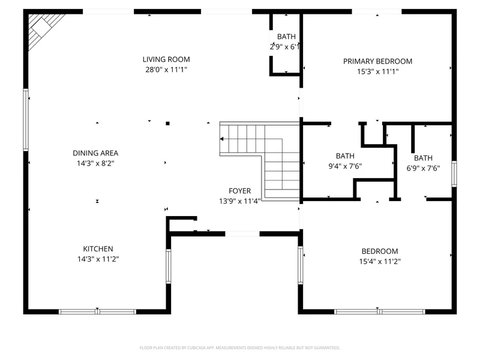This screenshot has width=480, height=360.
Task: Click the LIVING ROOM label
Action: (x=166, y=59)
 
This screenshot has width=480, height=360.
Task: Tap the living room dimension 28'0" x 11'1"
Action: (x=166, y=70)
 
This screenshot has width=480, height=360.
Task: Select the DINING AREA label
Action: (x=95, y=153)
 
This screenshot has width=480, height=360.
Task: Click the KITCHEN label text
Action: (x=98, y=249)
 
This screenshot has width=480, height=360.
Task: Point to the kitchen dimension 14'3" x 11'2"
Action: (x=98, y=259)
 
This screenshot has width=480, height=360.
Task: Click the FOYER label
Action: (x=239, y=191)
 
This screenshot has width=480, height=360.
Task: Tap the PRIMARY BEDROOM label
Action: (x=377, y=61)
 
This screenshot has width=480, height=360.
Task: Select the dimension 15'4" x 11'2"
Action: (x=380, y=262)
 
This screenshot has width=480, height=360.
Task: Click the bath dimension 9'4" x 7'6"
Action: (x=345, y=166)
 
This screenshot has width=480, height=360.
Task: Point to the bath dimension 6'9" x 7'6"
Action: (x=423, y=168)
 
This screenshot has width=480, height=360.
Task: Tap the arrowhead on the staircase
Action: (x=221, y=139)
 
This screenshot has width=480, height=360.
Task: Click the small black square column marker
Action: (x=167, y=124)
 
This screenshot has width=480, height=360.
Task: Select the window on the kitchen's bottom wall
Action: (x=97, y=311)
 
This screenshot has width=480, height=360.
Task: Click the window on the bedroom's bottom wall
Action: (x=380, y=311)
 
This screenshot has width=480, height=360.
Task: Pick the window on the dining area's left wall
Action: (x=26, y=119)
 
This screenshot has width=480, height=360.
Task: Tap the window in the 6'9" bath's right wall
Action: (x=454, y=173)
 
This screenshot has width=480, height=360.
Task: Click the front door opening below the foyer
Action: (x=242, y=234)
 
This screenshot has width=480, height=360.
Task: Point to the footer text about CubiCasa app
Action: (x=239, y=348)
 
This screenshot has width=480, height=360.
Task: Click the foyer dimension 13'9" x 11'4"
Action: (x=239, y=201)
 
